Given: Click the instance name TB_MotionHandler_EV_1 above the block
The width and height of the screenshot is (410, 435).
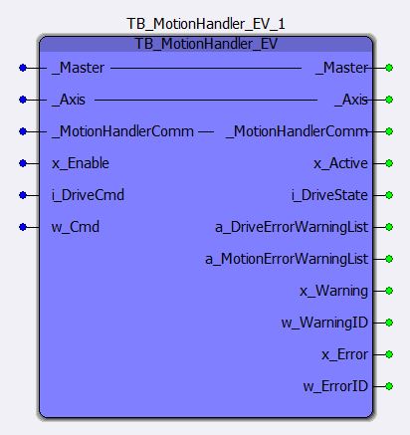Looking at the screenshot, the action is pyautogui.click(x=206, y=24).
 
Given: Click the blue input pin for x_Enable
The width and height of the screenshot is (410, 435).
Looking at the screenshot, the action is pyautogui.click(x=23, y=163).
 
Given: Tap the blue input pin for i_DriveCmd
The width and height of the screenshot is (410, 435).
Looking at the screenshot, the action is pyautogui.click(x=23, y=195).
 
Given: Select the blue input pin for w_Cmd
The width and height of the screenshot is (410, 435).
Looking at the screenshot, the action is pyautogui.click(x=23, y=227).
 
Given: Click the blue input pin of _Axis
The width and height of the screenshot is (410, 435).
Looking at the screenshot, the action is pyautogui.click(x=23, y=100).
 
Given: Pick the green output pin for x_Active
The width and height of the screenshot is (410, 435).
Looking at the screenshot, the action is pyautogui.click(x=389, y=163).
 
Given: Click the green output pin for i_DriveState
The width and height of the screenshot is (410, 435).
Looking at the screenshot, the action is pyautogui.click(x=389, y=195).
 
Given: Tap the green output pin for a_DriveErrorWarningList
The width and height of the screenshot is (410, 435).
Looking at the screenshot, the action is pyautogui.click(x=389, y=227).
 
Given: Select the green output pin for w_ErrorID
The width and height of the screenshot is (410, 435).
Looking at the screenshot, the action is pyautogui.click(x=389, y=386).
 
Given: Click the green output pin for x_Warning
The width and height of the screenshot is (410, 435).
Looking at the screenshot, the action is pyautogui.click(x=389, y=291).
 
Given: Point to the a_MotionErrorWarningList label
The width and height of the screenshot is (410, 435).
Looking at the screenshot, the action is pyautogui.click(x=287, y=259).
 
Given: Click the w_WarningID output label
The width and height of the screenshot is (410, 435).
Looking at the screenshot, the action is pyautogui.click(x=324, y=323).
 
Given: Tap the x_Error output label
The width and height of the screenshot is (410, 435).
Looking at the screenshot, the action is pyautogui.click(x=344, y=354).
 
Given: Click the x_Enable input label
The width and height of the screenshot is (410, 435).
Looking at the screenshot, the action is pyautogui.click(x=81, y=163).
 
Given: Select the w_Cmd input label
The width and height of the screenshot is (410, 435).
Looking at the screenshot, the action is pyautogui.click(x=76, y=227).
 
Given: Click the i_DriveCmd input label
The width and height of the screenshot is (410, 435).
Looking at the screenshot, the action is pyautogui.click(x=88, y=195).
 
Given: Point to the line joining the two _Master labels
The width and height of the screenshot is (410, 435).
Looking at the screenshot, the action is pyautogui.click(x=206, y=69).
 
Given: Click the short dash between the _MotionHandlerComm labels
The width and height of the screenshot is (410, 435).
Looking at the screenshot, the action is pyautogui.click(x=206, y=132).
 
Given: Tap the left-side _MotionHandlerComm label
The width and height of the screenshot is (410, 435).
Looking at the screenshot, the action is pyautogui.click(x=123, y=131).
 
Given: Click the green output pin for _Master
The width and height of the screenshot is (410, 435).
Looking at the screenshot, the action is pyautogui.click(x=389, y=68).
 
